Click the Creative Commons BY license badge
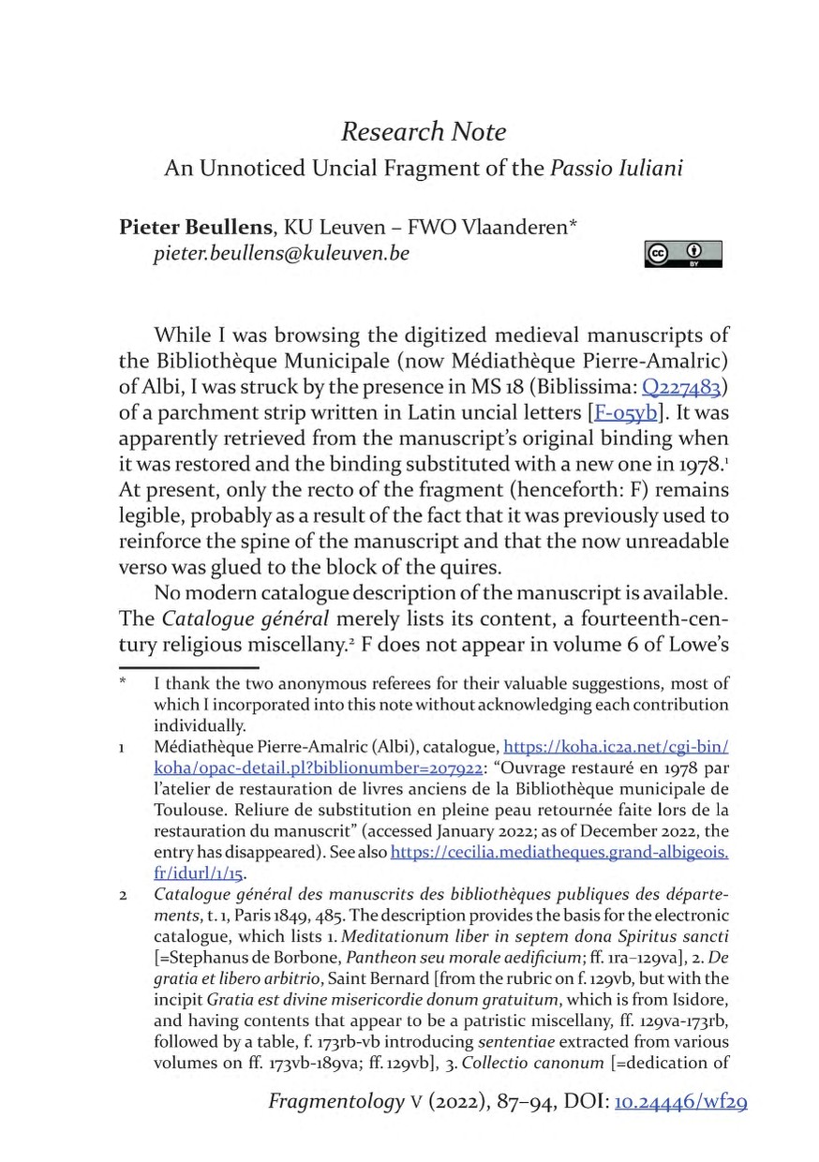[683, 254]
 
